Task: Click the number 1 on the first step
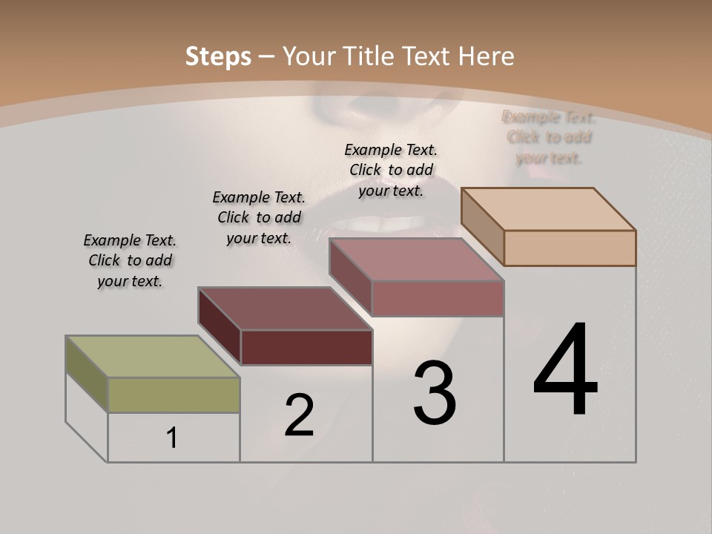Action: tap(172, 438)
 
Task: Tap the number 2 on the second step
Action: tap(300, 415)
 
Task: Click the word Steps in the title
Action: tap(218, 56)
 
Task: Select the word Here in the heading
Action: tap(487, 56)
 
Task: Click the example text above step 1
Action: tap(130, 260)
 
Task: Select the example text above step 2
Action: tap(259, 217)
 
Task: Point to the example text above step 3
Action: tap(391, 170)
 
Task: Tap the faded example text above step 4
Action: tap(549, 137)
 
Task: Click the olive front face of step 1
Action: tap(174, 395)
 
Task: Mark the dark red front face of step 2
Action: tap(306, 347)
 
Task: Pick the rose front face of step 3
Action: tap(438, 298)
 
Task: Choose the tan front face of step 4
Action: tap(570, 248)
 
